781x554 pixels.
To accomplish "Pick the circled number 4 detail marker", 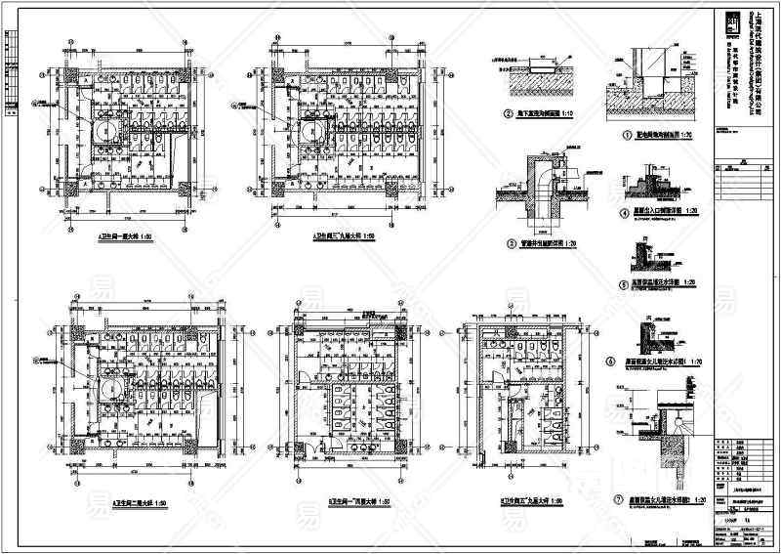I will (625, 212).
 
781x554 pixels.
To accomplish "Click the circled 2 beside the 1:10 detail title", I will (509, 114).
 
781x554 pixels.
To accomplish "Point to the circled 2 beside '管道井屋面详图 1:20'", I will (510, 243).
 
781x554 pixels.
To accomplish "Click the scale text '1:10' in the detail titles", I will (568, 114).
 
